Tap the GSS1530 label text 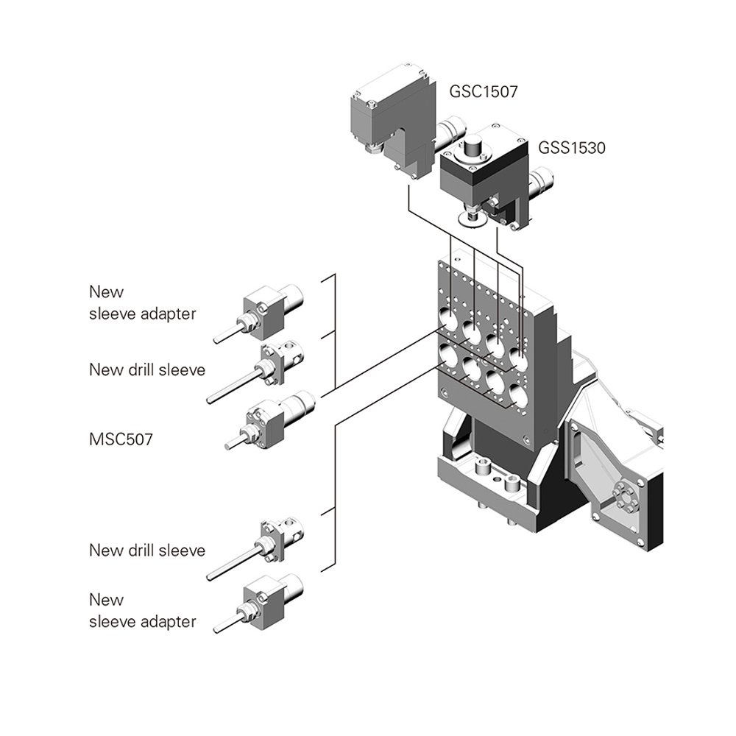(x=572, y=148)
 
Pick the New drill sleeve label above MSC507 (x=147, y=369)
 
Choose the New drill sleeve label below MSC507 (x=147, y=550)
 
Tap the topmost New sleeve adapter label (x=142, y=302)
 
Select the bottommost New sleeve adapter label (x=142, y=610)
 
